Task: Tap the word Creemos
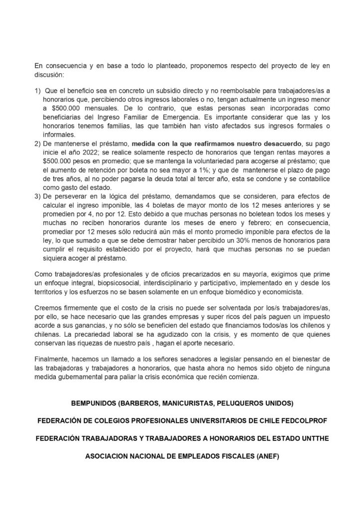pos(49,309)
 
